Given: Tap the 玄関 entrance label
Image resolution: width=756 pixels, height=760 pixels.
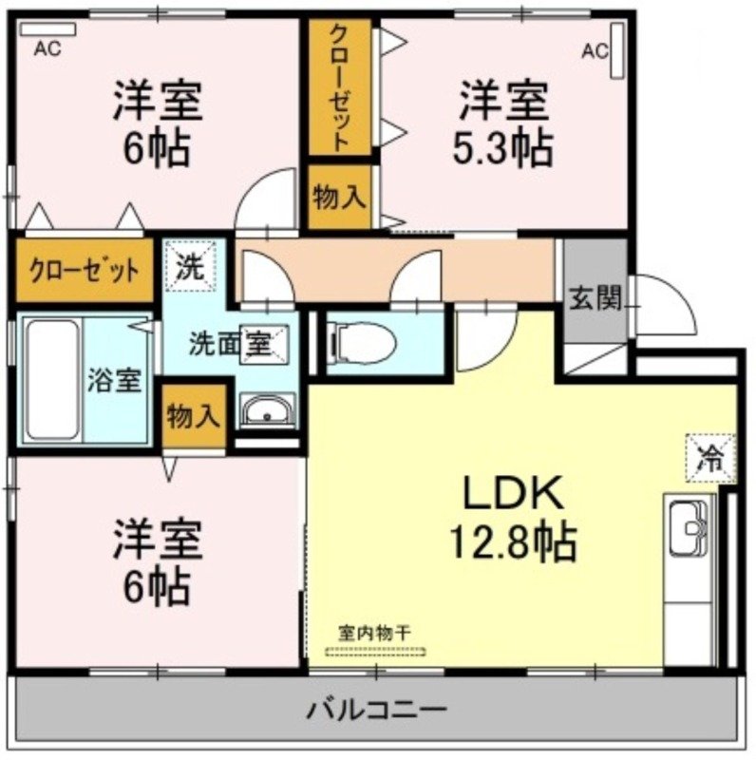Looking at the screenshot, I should point(596,299).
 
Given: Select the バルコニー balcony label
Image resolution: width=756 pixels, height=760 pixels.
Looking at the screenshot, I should point(377,709).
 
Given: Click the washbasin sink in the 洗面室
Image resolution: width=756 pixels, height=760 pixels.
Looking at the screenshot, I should point(268,412).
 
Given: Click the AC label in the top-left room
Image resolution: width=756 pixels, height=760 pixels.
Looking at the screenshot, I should point(47,48).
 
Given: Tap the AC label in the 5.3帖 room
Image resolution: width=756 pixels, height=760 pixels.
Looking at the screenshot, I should point(594,48).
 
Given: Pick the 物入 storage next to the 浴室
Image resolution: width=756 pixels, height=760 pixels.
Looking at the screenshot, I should point(194,414).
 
